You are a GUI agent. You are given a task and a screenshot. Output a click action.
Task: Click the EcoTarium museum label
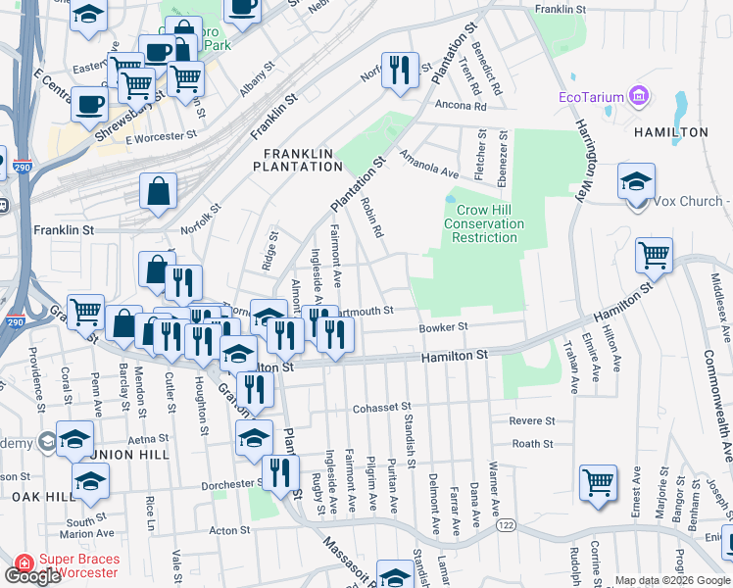(x=592, y=97)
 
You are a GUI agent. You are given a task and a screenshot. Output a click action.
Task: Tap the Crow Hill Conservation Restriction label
(x=486, y=223)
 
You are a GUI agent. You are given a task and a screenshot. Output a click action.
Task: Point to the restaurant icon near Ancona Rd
(x=400, y=71)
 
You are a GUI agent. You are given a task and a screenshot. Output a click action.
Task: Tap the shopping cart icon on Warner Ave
(x=598, y=483)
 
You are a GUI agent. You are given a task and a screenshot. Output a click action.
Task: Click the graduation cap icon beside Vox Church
(x=637, y=181)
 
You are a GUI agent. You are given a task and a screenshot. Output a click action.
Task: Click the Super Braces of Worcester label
(x=79, y=565)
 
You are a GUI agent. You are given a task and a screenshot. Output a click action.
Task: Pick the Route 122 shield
(x=507, y=525)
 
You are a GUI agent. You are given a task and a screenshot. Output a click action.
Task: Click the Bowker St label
(x=445, y=327)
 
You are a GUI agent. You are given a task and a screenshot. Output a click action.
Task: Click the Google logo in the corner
(x=31, y=576)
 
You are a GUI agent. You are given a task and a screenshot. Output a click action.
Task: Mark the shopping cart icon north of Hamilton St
(x=654, y=257)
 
